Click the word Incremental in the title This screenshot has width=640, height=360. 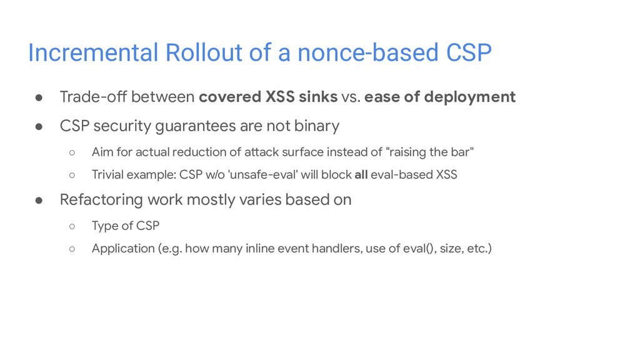click(x=93, y=52)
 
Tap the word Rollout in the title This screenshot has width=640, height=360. click(x=204, y=52)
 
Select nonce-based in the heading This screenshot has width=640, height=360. click(x=367, y=52)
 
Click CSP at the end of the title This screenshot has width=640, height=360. click(x=469, y=52)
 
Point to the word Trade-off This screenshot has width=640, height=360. click(x=93, y=97)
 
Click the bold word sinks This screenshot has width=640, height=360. click(x=318, y=97)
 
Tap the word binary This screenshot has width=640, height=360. click(x=317, y=126)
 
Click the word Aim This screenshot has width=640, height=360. click(x=102, y=152)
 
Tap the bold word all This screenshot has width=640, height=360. click(x=361, y=175)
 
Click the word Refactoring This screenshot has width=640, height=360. click(x=101, y=200)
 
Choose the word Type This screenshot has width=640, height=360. click(x=104, y=226)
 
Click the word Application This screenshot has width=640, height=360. click(x=123, y=249)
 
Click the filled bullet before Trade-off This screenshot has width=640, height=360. click(x=39, y=97)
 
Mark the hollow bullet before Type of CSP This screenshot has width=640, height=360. click(x=72, y=226)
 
